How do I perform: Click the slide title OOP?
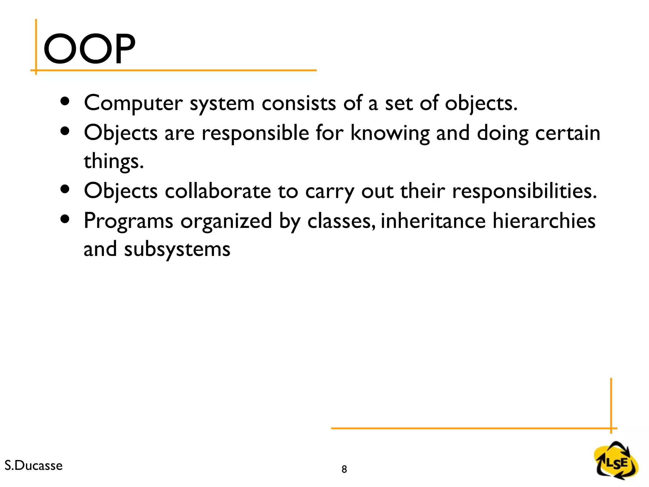click(89, 49)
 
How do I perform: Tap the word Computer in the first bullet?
click(133, 103)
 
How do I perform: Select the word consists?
click(299, 103)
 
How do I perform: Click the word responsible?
click(255, 133)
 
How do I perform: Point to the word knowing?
click(390, 133)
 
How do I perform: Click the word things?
click(113, 161)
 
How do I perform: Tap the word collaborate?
click(218, 191)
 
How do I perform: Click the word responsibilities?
click(524, 191)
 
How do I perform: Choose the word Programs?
click(128, 221)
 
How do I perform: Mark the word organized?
click(226, 221)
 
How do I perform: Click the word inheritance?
click(433, 221)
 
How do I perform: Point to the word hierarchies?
click(544, 221)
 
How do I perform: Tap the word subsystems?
click(177, 250)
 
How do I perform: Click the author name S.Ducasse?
click(34, 465)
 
